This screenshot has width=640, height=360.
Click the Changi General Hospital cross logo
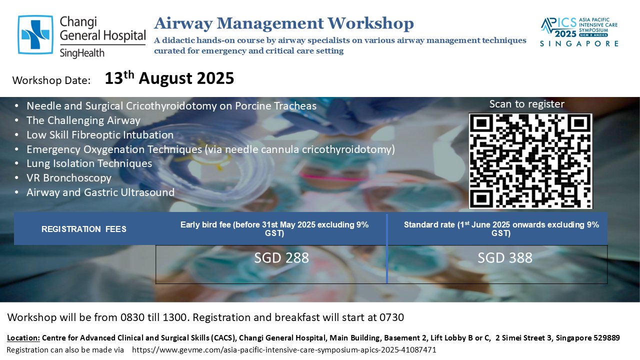tap(35, 35)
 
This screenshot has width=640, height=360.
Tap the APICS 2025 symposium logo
tap(579, 32)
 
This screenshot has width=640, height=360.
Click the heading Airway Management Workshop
tap(284, 23)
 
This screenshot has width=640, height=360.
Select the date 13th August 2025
tap(169, 78)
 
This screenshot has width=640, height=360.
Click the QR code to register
tap(530, 161)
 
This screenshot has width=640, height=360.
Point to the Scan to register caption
tap(527, 104)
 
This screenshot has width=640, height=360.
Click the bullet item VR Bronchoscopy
tap(69, 178)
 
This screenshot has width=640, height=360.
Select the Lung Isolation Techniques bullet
tap(89, 163)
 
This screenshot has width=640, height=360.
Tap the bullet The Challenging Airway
tap(83, 120)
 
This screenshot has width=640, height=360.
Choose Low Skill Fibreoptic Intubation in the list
tap(100, 135)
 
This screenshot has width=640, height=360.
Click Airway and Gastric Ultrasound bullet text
tap(100, 192)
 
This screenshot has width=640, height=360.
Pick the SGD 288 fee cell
tap(281, 257)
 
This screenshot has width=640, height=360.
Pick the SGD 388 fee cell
tap(505, 257)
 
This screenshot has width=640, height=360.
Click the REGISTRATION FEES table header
tap(83, 229)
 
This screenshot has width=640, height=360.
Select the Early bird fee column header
tap(274, 229)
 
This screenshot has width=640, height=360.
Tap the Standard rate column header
tap(501, 229)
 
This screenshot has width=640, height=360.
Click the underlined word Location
tap(23, 338)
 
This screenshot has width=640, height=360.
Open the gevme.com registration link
tap(284, 350)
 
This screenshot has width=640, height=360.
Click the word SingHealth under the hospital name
tap(82, 53)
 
